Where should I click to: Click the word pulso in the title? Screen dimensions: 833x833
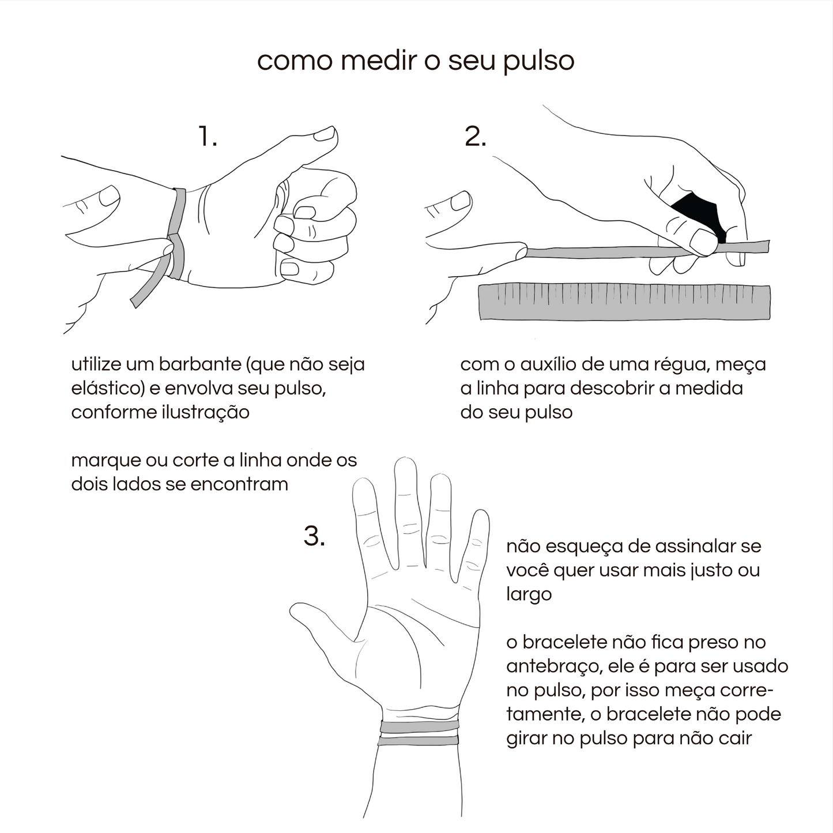pos(538,61)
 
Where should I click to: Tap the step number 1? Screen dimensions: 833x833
pos(207,137)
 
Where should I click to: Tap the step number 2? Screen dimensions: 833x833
pos(475,137)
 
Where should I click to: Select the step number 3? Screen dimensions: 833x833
pos(314,536)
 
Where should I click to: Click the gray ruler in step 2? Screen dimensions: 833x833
pos(624,302)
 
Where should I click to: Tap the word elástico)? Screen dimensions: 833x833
pos(108,389)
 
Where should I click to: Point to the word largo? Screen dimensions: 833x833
pos(529,594)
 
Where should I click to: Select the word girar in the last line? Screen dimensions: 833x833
pos(526,738)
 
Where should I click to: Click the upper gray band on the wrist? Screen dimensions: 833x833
pos(419,726)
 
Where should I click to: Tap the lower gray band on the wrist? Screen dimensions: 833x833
pos(418,741)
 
